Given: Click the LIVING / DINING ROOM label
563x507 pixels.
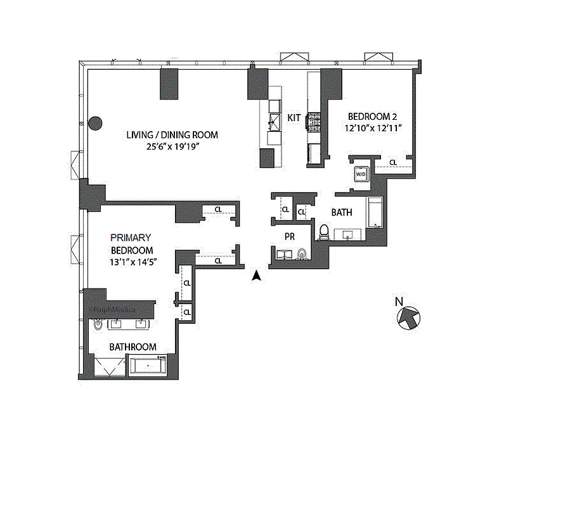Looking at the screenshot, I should tap(172, 134).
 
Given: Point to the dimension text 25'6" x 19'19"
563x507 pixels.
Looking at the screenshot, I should tap(172, 146).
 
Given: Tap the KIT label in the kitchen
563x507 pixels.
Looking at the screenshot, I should tap(294, 118).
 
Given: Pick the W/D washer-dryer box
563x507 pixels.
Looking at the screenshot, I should tap(360, 173).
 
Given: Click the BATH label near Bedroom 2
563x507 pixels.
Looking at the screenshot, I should tap(342, 213).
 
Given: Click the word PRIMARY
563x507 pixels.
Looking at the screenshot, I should tap(131, 238).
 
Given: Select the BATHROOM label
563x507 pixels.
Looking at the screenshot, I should tap(133, 347).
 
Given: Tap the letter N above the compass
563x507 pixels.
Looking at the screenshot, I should tap(399, 302).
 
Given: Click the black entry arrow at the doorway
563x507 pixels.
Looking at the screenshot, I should tap(256, 276).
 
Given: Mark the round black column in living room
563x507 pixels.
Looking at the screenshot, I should tap(95, 124).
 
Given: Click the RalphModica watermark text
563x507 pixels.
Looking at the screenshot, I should tap(114, 309).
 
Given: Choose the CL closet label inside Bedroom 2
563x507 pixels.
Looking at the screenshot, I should tap(393, 163).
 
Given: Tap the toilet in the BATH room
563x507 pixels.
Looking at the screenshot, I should tap(324, 233).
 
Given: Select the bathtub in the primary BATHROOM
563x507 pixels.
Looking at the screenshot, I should tap(148, 366).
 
